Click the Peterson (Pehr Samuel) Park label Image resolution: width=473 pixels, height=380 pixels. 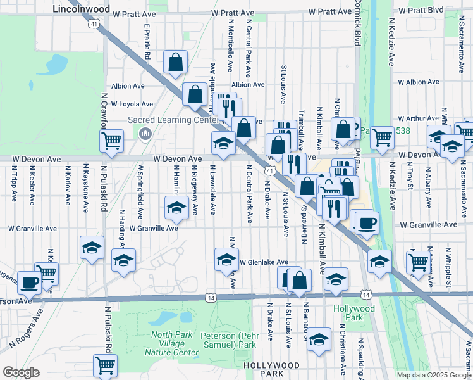click(x=228, y=340)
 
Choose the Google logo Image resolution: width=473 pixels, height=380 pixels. click(x=21, y=372)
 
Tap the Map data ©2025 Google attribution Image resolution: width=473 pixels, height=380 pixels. click(x=434, y=375)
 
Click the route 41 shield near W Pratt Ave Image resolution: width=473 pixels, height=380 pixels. click(x=94, y=23)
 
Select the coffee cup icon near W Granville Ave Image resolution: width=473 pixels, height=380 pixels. click(x=366, y=222)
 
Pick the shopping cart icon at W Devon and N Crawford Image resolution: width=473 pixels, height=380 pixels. click(x=111, y=141)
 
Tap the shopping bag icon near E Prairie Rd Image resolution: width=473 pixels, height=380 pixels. click(x=176, y=63)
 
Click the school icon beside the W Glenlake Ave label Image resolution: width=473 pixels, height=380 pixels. click(x=226, y=259)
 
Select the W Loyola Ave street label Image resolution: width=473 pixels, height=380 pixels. click(x=132, y=104)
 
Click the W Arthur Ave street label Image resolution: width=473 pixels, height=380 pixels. click(x=417, y=118)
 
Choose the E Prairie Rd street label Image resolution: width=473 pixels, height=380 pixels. click(x=146, y=42)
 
